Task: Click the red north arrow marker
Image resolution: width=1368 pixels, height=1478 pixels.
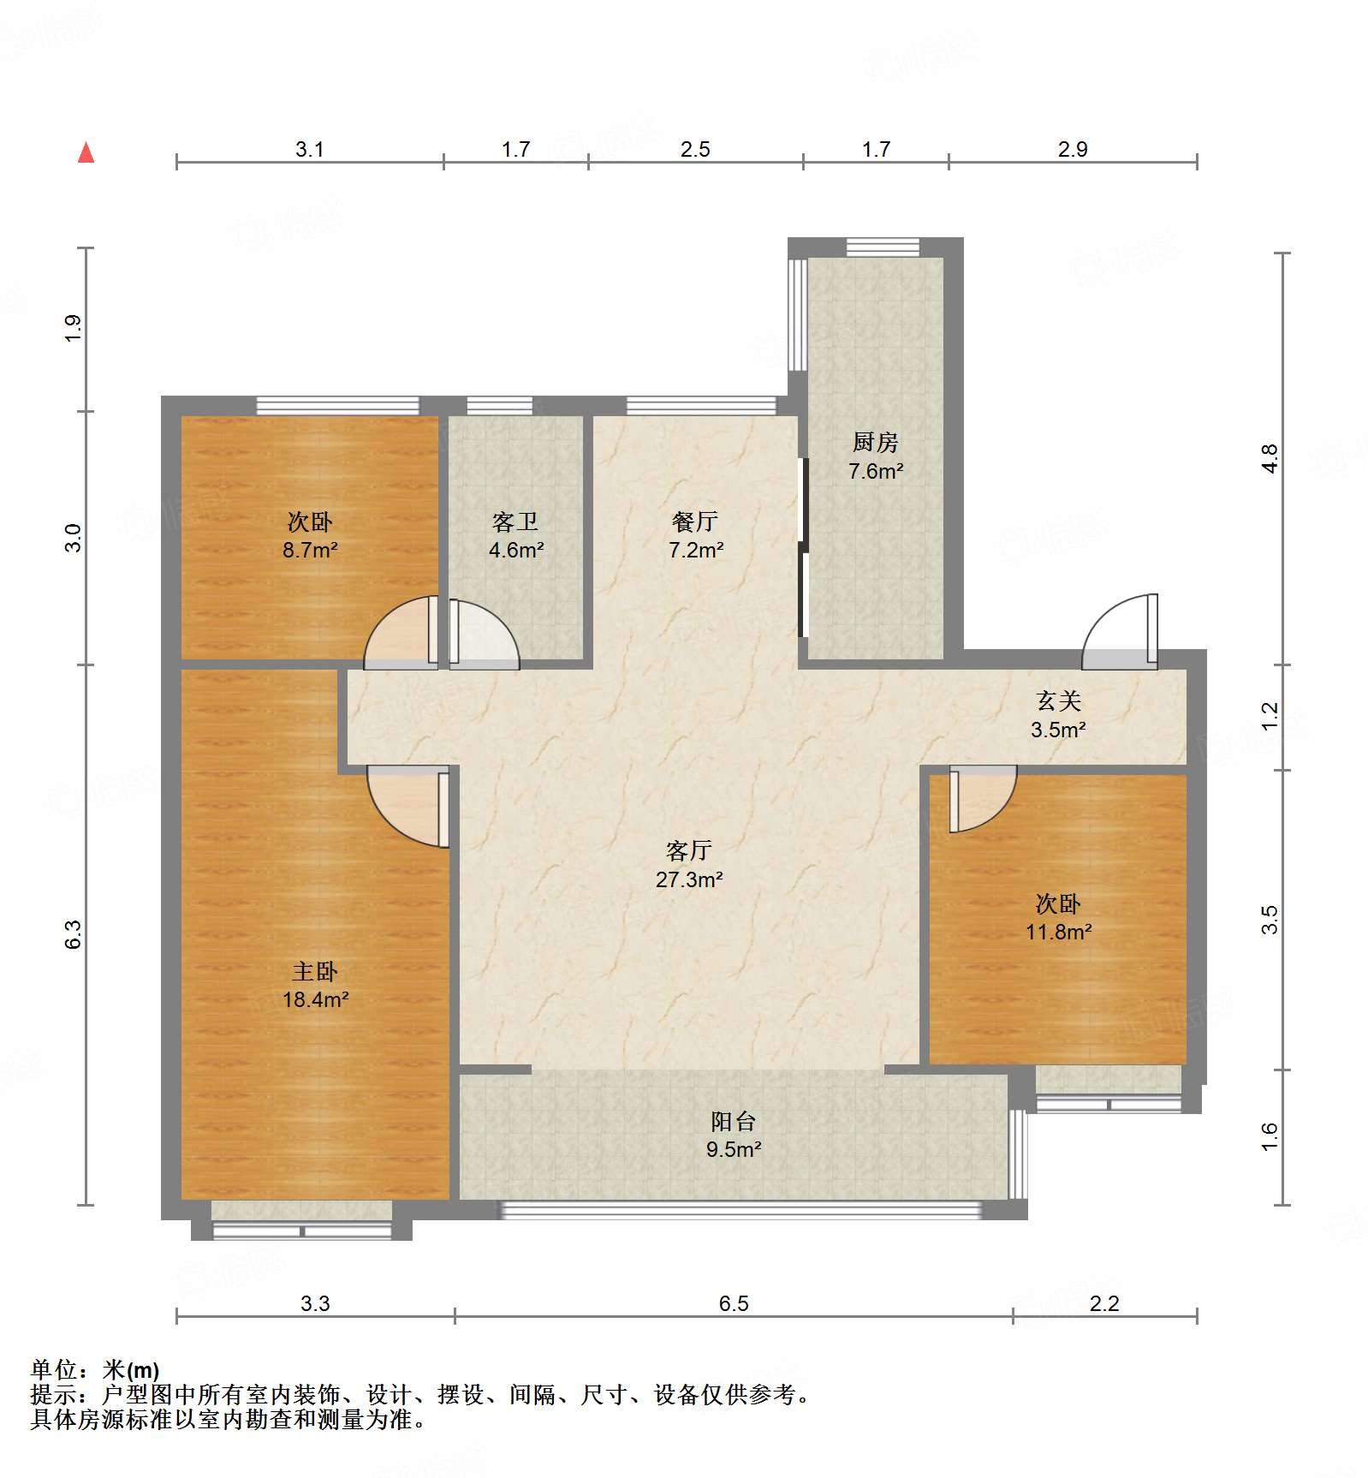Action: (x=86, y=152)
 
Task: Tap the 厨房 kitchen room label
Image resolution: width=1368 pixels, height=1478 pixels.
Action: (x=876, y=442)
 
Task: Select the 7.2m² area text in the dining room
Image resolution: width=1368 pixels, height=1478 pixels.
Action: (x=696, y=550)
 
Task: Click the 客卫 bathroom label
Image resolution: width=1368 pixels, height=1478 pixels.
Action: (x=515, y=521)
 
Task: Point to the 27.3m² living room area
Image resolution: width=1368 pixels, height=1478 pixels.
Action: (x=689, y=879)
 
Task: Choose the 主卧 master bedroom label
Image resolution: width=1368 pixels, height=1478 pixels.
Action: (x=315, y=971)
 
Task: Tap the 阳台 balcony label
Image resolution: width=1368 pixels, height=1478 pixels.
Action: (x=734, y=1121)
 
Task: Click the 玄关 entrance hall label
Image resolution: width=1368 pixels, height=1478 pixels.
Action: (x=1059, y=701)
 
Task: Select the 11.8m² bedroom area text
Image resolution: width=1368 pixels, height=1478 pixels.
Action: (x=1059, y=932)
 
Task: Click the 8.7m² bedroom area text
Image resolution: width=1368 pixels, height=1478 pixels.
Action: (x=310, y=550)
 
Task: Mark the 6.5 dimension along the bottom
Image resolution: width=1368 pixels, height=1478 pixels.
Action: (x=734, y=1303)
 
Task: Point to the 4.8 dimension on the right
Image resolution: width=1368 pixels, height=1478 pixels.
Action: (x=1270, y=458)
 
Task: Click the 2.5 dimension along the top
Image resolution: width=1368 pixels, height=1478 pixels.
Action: (x=695, y=149)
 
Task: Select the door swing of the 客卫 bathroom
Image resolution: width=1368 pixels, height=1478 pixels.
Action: (x=484, y=634)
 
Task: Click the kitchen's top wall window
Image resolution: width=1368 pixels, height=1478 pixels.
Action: (x=883, y=247)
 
